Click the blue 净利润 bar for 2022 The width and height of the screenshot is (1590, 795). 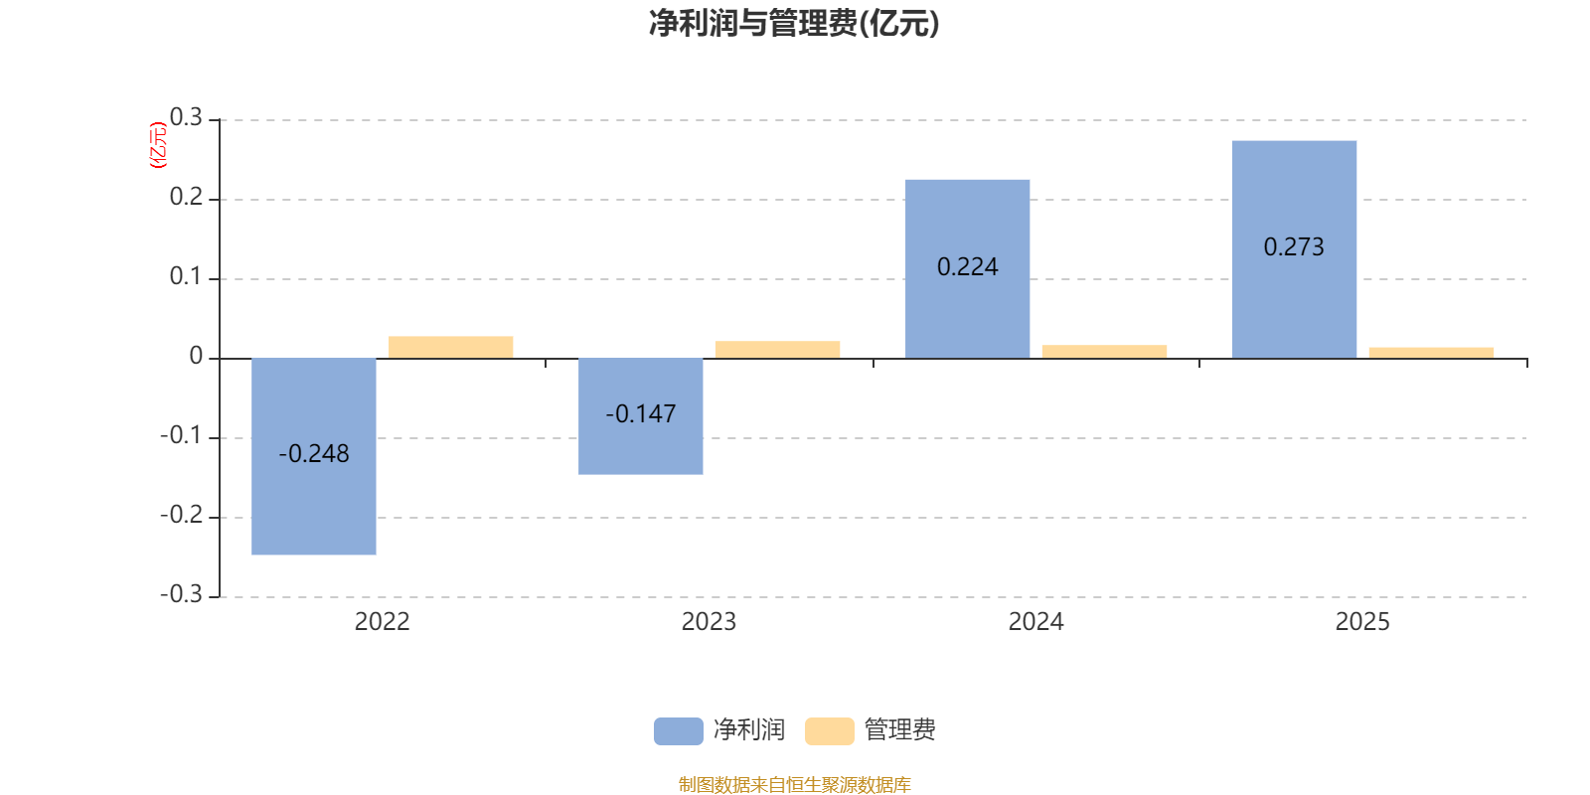(314, 497)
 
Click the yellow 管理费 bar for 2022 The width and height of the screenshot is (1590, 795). (451, 347)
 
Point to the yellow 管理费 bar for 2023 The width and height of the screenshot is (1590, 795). (777, 350)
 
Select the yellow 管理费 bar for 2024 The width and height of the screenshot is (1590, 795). (1104, 352)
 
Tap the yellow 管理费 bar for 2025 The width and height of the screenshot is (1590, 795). (1431, 353)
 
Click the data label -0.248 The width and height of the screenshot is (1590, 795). (314, 454)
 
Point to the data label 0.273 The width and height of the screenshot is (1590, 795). (1294, 247)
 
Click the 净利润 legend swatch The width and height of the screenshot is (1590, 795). (678, 730)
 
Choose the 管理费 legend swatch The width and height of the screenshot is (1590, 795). (829, 730)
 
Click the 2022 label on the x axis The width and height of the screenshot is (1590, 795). (382, 622)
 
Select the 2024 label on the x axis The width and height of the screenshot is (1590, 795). (1035, 622)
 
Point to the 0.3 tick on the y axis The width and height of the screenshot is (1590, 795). (186, 118)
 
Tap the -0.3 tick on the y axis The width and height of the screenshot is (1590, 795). (181, 594)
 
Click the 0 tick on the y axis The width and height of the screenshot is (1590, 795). (196, 357)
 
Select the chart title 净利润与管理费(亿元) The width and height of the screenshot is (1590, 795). (794, 24)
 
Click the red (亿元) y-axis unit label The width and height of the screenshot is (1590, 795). (158, 145)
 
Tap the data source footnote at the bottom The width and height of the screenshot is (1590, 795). (794, 785)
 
